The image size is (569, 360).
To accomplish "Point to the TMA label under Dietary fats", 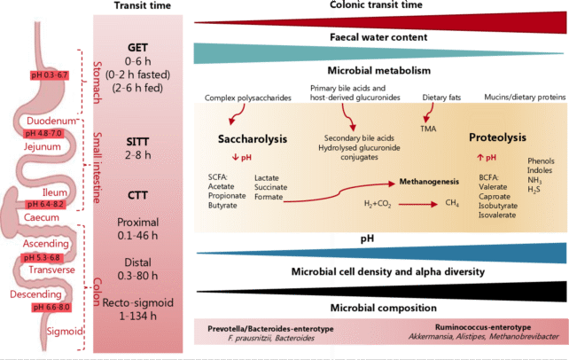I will click(425, 128).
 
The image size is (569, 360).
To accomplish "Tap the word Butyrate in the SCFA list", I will click(222, 202).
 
